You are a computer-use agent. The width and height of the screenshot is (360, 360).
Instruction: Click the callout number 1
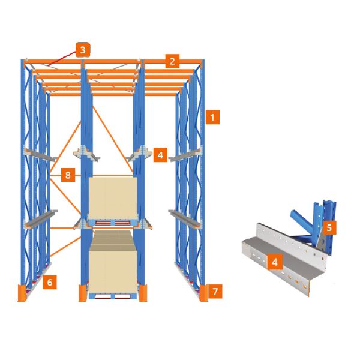pyautogui.click(x=212, y=118)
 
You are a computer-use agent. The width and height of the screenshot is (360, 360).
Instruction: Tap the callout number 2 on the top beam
pyautogui.click(x=172, y=61)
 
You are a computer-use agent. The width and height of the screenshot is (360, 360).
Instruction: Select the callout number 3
pyautogui.click(x=83, y=50)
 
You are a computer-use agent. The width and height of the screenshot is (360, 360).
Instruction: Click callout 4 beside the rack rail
pyautogui.click(x=160, y=155)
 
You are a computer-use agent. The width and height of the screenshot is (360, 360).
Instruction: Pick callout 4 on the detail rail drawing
pyautogui.click(x=275, y=262)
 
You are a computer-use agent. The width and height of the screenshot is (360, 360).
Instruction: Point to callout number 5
pyautogui.click(x=329, y=227)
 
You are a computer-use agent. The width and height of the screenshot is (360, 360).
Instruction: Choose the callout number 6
pyautogui.click(x=50, y=282)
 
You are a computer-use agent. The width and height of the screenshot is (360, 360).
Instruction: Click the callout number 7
pyautogui.click(x=215, y=292)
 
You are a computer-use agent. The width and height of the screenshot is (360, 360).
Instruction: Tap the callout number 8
pyautogui.click(x=68, y=175)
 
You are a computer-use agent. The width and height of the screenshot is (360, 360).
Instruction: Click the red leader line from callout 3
pyautogui.click(x=62, y=59)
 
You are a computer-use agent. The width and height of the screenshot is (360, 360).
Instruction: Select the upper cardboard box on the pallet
pyautogui.click(x=113, y=198)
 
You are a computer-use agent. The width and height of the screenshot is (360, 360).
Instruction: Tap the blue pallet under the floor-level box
pyautogui.click(x=113, y=296)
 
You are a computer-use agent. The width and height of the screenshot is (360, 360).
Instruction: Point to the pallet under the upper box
pyautogui.click(x=113, y=223)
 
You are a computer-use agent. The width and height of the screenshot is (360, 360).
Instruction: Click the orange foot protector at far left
pyautogui.click(x=22, y=293)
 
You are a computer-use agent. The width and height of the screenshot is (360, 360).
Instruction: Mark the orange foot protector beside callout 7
pyautogui.click(x=203, y=293)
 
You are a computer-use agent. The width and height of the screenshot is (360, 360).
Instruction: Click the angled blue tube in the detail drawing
pyautogui.click(x=301, y=221)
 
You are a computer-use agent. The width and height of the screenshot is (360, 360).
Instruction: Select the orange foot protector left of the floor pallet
pyautogui.click(x=83, y=293)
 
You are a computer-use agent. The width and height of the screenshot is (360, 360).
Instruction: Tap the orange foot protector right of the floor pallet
pyautogui.click(x=143, y=293)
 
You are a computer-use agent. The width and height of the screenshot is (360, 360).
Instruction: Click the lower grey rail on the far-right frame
pyautogui.click(x=185, y=218)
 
